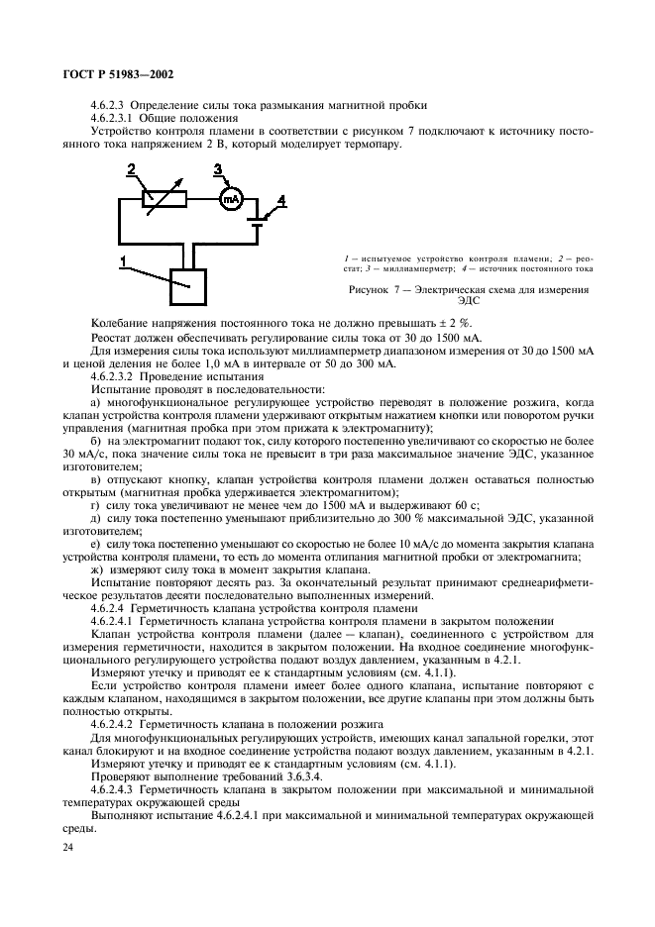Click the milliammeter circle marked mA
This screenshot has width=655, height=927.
coord(231,198)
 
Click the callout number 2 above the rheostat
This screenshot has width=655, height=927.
coord(130,171)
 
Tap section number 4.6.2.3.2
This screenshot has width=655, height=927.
coord(120,377)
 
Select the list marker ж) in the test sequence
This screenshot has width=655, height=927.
coord(97,569)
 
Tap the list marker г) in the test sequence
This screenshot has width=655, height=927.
coord(95,505)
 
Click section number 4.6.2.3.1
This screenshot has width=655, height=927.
coord(120,118)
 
